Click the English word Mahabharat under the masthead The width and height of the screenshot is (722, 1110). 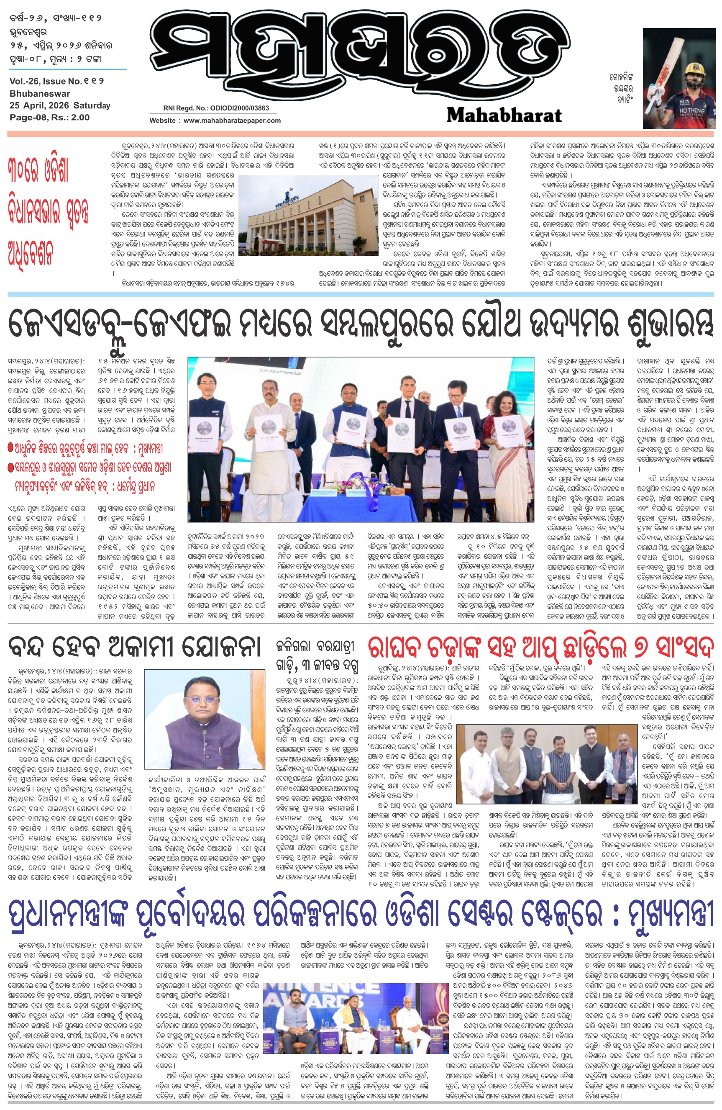point(504,115)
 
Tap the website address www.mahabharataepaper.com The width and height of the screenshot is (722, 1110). point(232,120)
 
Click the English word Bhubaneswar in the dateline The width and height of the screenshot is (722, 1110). point(40,93)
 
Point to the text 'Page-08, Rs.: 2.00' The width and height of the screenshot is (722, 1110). point(49,118)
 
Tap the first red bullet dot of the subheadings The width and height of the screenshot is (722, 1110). point(11,448)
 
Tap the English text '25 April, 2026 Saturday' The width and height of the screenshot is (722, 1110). point(60,105)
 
